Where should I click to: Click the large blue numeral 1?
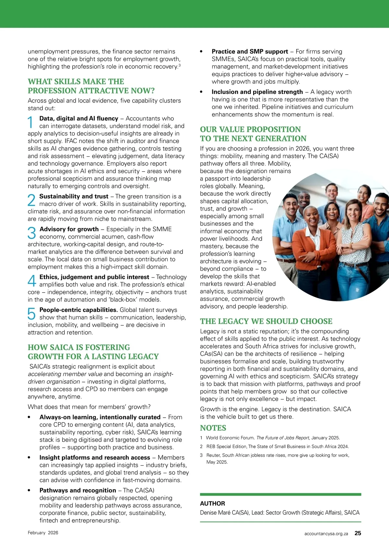[x=31, y=122]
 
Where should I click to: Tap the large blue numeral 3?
[x=32, y=233]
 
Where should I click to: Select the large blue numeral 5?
[x=31, y=314]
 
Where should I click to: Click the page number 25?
[x=358, y=533]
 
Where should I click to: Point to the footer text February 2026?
[x=43, y=532]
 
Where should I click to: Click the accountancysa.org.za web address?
[x=326, y=533]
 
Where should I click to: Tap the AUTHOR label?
[x=212, y=503]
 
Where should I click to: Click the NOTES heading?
[x=213, y=428]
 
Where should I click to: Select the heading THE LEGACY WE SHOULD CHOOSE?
[x=266, y=321]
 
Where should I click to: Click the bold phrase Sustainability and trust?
[x=74, y=196]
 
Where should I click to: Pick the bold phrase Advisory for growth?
[x=69, y=229]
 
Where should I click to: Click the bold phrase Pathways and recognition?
[x=78, y=490]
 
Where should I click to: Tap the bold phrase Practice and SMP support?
[x=250, y=51]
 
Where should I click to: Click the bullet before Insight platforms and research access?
[x=29, y=458]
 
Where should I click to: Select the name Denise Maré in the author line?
[x=215, y=512]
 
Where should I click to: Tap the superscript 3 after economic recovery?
[x=180, y=65]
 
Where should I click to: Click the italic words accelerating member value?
[x=65, y=374]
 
